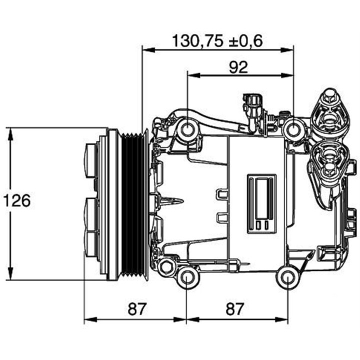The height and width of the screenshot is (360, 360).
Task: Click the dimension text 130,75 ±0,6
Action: pos(217,40)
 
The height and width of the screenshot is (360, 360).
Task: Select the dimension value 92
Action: pos(238,67)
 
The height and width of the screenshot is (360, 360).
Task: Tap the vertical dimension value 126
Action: pos(17,200)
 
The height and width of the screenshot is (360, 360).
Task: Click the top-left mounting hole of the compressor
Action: pos(188,130)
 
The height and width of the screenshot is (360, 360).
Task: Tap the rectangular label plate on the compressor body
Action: pos(262,204)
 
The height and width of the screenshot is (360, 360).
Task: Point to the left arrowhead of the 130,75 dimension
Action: pos(146,49)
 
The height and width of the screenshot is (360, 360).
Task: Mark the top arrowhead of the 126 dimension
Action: pos(10,131)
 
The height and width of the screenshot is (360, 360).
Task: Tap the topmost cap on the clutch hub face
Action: pos(90,160)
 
